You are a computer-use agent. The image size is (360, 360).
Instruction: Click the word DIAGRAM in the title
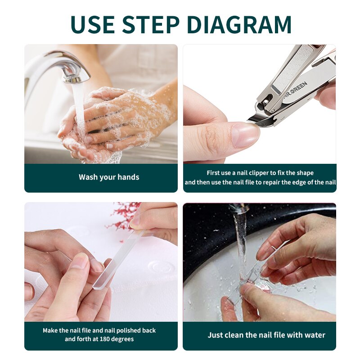click(239, 24)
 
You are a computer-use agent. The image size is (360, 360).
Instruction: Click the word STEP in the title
click(150, 24)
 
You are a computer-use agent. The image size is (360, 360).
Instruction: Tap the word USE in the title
click(93, 24)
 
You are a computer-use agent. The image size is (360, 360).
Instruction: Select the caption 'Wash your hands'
click(109, 177)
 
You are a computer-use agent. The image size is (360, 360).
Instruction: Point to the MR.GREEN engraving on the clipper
click(296, 90)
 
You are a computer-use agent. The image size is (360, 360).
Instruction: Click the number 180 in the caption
click(103, 339)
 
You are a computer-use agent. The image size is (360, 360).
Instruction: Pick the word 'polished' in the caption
click(128, 331)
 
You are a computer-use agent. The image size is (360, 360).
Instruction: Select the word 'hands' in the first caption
click(130, 177)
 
